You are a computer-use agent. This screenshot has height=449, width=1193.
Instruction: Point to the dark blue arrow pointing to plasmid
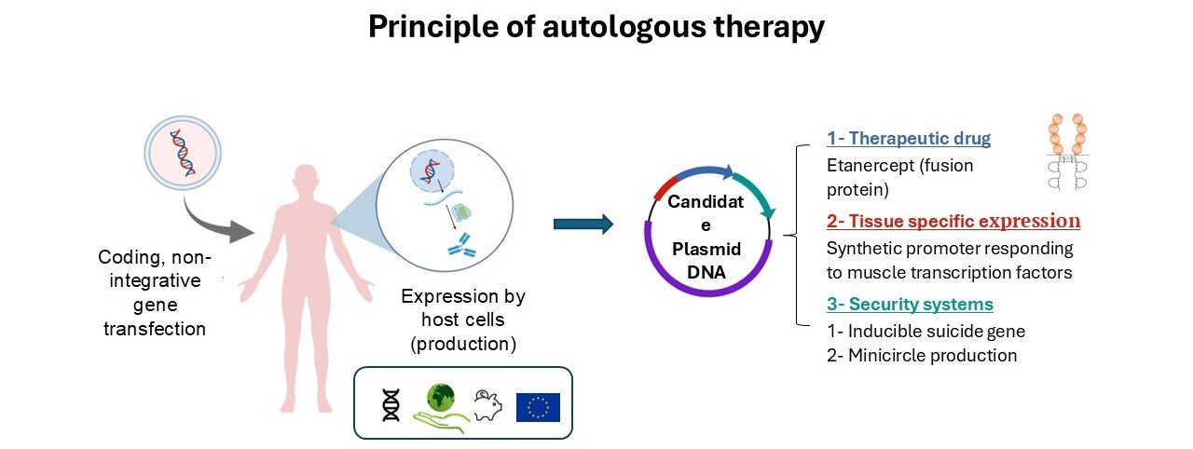583,224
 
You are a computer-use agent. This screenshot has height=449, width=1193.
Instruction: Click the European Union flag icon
538,406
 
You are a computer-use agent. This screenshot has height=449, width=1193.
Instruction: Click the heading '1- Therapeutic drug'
908,139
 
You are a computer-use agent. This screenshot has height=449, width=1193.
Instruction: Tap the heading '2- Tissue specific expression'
953,222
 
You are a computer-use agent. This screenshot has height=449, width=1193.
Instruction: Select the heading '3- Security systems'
910,305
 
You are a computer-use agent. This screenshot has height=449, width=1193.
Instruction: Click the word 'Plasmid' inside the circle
707,250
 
